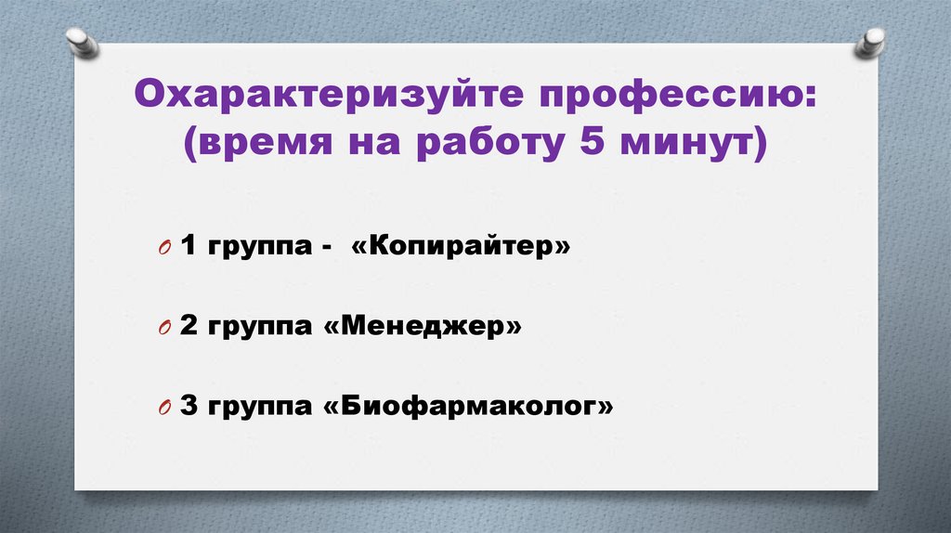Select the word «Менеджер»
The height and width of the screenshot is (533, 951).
pyautogui.click(x=423, y=327)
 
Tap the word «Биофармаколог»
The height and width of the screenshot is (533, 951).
pyautogui.click(x=469, y=407)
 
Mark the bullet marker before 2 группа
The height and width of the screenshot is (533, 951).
pyautogui.click(x=163, y=329)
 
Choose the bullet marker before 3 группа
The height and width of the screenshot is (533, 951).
pyautogui.click(x=163, y=409)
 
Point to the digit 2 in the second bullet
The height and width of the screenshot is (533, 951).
pyautogui.click(x=189, y=327)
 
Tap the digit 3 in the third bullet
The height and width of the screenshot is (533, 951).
pyautogui.click(x=189, y=407)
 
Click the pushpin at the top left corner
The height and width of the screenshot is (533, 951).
pyautogui.click(x=82, y=41)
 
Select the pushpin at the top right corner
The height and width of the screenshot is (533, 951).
pyautogui.click(x=870, y=41)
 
